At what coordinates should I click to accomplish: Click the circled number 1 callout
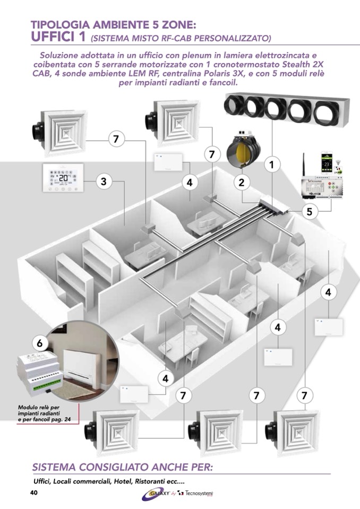(x=272, y=165)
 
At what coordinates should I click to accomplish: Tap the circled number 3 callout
(x=104, y=182)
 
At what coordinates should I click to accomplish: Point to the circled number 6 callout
(x=40, y=343)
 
